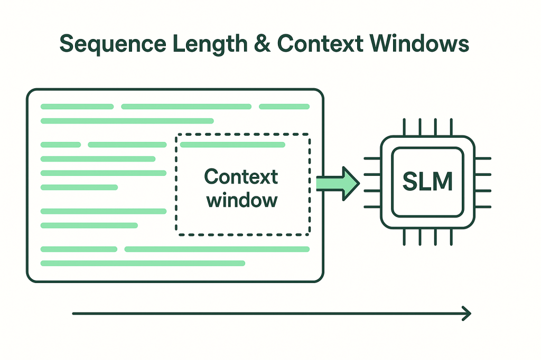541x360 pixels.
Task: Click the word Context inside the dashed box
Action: click(241, 177)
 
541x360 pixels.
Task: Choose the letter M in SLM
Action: click(442, 182)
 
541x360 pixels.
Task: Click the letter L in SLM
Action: click(425, 182)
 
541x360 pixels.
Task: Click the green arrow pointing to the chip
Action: click(338, 183)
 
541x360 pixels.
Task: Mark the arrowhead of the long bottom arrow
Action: click(467, 314)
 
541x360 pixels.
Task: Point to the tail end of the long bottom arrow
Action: click(74, 314)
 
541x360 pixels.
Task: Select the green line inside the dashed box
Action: click(232, 145)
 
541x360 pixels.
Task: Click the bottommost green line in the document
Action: click(143, 263)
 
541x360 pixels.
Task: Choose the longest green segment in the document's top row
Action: click(186, 107)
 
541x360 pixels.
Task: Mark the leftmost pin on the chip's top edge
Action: click(404, 127)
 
